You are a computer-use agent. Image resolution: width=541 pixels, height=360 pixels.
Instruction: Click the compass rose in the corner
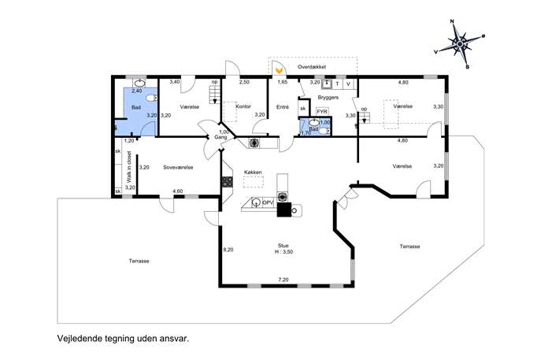click(460, 44)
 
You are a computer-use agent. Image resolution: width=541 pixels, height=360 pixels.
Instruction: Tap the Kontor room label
click(243, 106)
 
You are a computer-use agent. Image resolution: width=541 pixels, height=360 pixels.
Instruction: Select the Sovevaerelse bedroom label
click(178, 168)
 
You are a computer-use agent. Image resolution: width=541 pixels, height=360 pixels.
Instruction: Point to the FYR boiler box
click(322, 112)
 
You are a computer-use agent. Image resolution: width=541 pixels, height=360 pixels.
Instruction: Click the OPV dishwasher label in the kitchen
click(268, 202)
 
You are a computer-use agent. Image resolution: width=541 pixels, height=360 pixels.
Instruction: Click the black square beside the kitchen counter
click(284, 210)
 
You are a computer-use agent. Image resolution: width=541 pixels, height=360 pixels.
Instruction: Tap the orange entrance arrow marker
click(279, 71)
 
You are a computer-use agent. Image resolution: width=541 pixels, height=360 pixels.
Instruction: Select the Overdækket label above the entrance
click(312, 67)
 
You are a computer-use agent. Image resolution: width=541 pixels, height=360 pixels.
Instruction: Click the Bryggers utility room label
click(328, 98)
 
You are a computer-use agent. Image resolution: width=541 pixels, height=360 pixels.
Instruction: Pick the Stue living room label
click(283, 246)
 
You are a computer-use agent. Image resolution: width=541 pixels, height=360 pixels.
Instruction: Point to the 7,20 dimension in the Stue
click(283, 280)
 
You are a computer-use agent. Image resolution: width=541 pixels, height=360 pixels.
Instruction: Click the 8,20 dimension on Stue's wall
click(228, 250)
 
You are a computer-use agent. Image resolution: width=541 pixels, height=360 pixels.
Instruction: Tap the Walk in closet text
click(129, 167)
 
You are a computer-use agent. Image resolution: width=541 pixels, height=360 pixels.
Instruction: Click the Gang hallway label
click(220, 137)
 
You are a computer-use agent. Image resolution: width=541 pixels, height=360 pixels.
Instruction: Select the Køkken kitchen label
click(253, 172)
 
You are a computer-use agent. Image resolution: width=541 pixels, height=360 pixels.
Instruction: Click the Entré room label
click(283, 107)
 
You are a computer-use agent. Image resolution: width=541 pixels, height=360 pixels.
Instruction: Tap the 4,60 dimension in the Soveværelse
click(178, 191)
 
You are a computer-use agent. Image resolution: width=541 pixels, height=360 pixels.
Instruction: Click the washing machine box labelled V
click(349, 84)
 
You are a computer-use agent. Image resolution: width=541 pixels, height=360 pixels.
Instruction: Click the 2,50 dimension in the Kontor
click(244, 82)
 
